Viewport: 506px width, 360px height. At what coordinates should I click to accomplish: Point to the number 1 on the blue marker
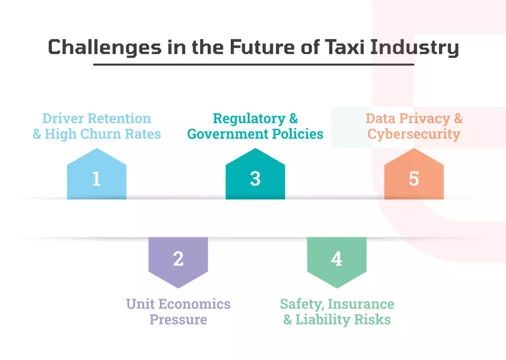[x=97, y=179]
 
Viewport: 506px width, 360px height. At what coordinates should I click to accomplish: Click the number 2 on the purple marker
[x=178, y=259]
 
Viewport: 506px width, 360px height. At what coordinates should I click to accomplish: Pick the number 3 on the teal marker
[x=255, y=179]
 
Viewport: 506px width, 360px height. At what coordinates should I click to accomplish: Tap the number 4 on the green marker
[x=336, y=259]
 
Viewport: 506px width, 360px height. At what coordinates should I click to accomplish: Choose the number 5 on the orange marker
[x=414, y=179]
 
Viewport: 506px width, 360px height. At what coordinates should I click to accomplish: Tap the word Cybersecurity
[x=414, y=134]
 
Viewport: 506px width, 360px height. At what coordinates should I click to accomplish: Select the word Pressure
[x=178, y=319]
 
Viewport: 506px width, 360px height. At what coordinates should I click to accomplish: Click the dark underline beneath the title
[x=254, y=65]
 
